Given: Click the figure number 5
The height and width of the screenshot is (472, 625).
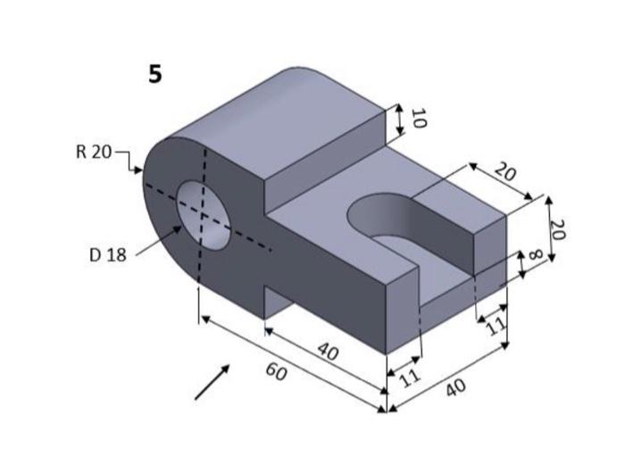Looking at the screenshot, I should (x=155, y=75).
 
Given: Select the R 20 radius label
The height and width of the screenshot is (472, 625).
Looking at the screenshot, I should (x=93, y=152).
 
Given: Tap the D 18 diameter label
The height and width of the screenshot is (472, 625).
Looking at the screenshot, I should (x=108, y=255).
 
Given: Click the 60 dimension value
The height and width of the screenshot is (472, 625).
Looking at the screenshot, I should (x=277, y=372).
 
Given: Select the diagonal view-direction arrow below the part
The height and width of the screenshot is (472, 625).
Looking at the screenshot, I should (x=212, y=381).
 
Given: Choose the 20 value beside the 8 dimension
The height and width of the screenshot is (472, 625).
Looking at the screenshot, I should (x=558, y=229).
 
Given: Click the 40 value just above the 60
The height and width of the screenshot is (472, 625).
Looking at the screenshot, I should (x=328, y=353).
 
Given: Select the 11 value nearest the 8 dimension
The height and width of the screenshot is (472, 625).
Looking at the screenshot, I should (x=494, y=327).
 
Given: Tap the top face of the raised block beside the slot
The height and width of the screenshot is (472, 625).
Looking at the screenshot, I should (x=455, y=199).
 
